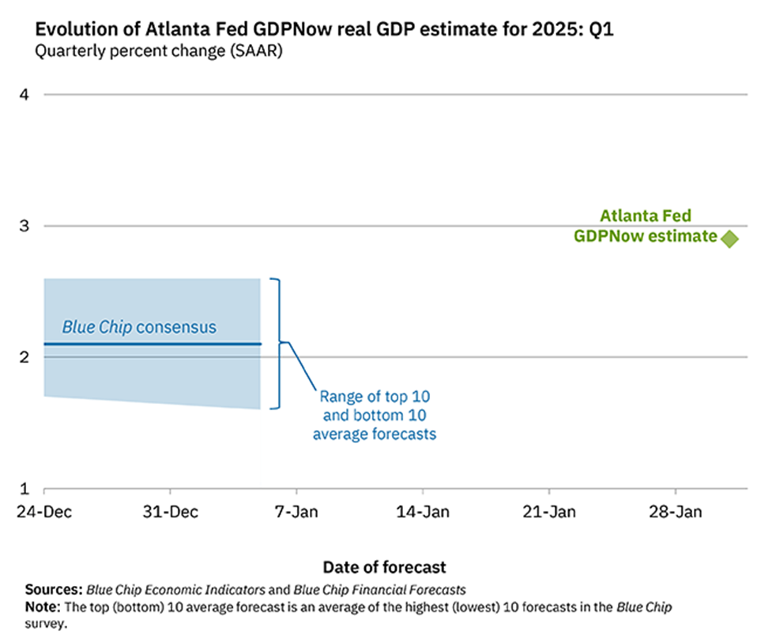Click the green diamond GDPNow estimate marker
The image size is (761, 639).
[729, 238]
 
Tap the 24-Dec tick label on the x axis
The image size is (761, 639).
[44, 512]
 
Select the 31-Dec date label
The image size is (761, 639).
[171, 512]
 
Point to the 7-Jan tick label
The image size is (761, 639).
[296, 512]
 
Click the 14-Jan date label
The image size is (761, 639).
[423, 512]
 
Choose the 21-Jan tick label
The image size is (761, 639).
[549, 512]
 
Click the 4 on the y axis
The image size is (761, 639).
[24, 95]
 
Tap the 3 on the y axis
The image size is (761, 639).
[24, 226]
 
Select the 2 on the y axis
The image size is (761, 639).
[24, 357]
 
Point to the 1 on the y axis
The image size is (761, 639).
[24, 488]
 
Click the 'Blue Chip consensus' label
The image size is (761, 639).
[139, 327]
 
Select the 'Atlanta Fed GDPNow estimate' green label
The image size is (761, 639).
[646, 225]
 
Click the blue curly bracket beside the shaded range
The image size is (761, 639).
[277, 343]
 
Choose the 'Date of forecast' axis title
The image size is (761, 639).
[384, 567]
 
